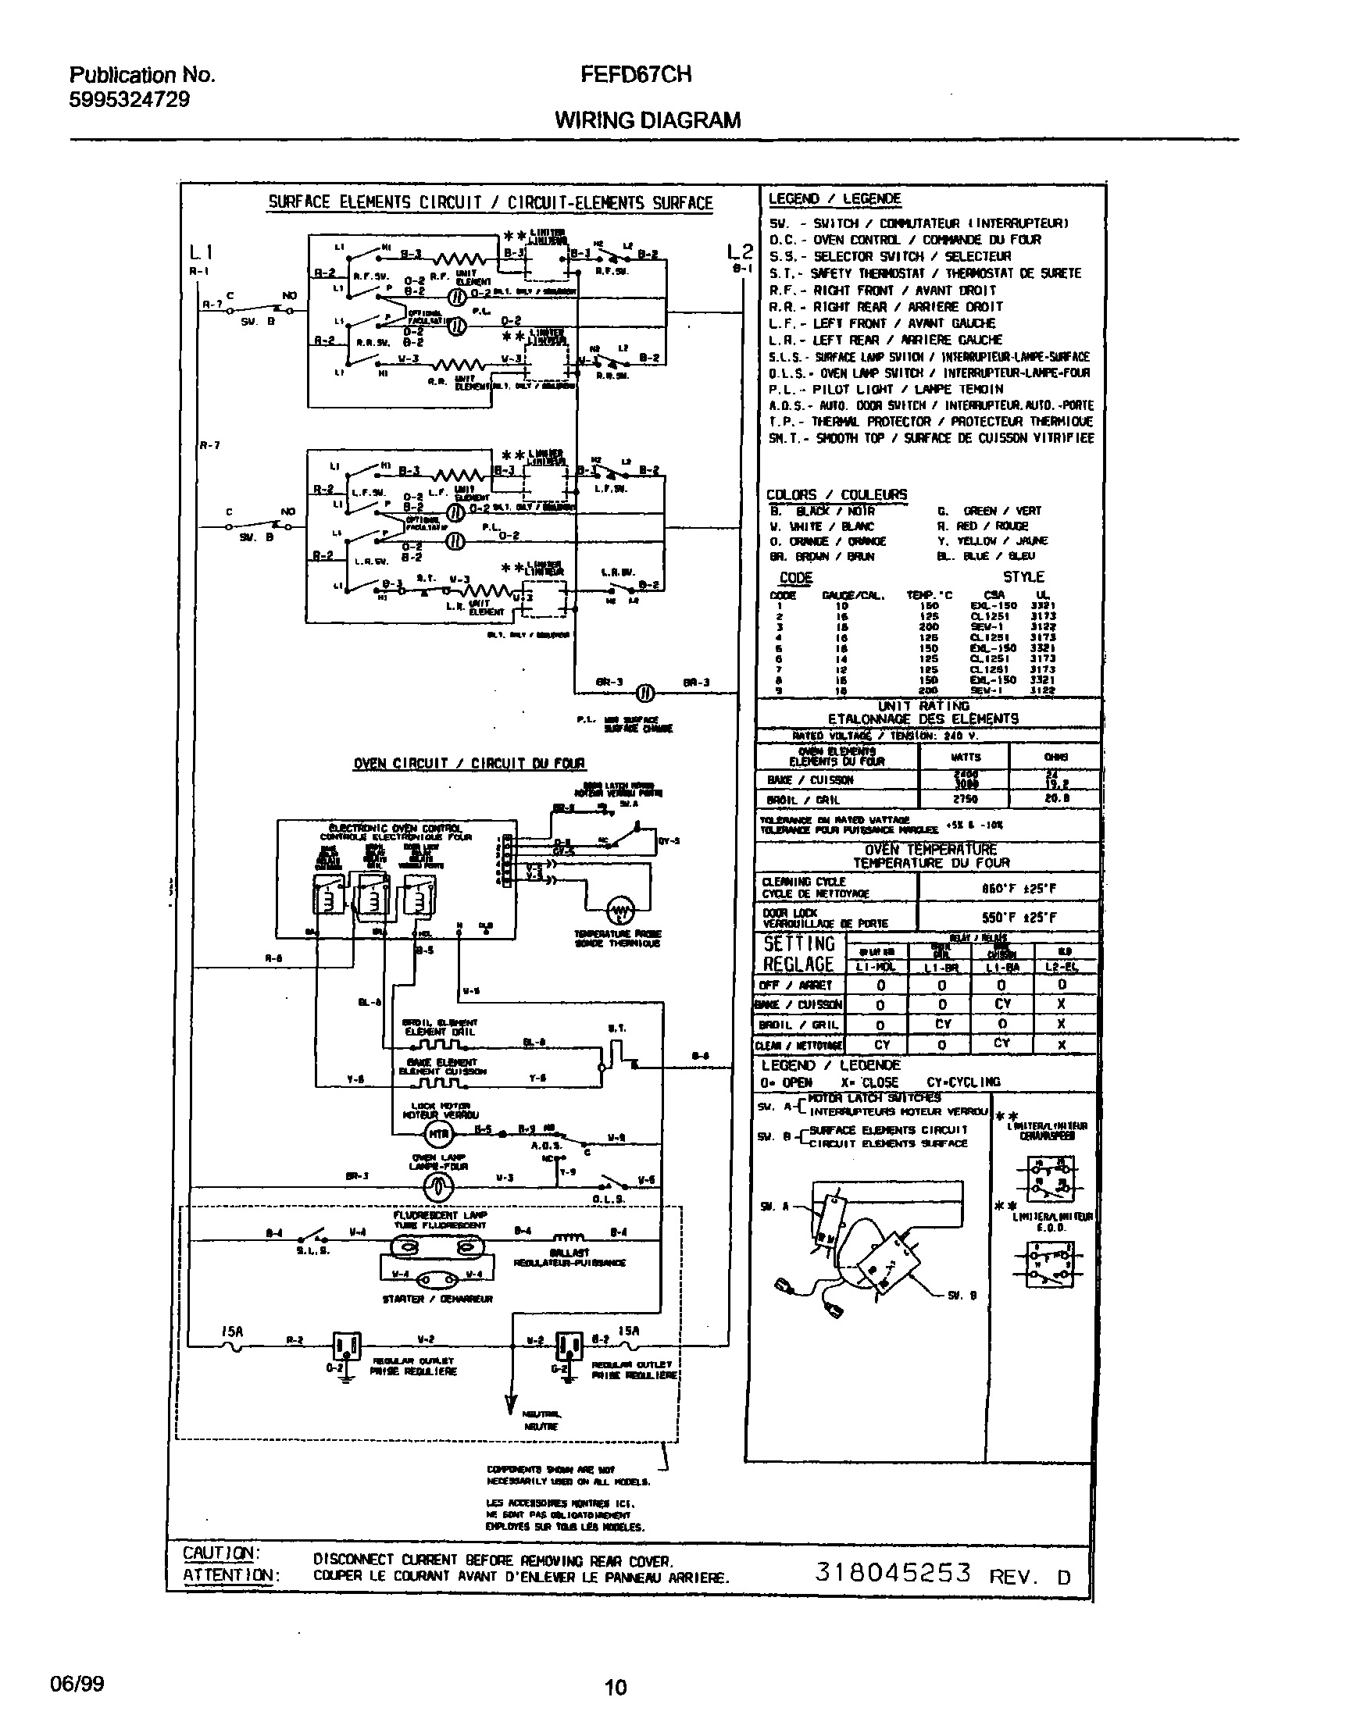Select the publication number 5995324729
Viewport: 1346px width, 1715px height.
click(x=129, y=99)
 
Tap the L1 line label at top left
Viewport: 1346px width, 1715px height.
click(x=200, y=252)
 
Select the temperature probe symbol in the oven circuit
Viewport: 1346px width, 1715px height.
click(x=620, y=912)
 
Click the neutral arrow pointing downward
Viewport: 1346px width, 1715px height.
click(x=512, y=1407)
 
